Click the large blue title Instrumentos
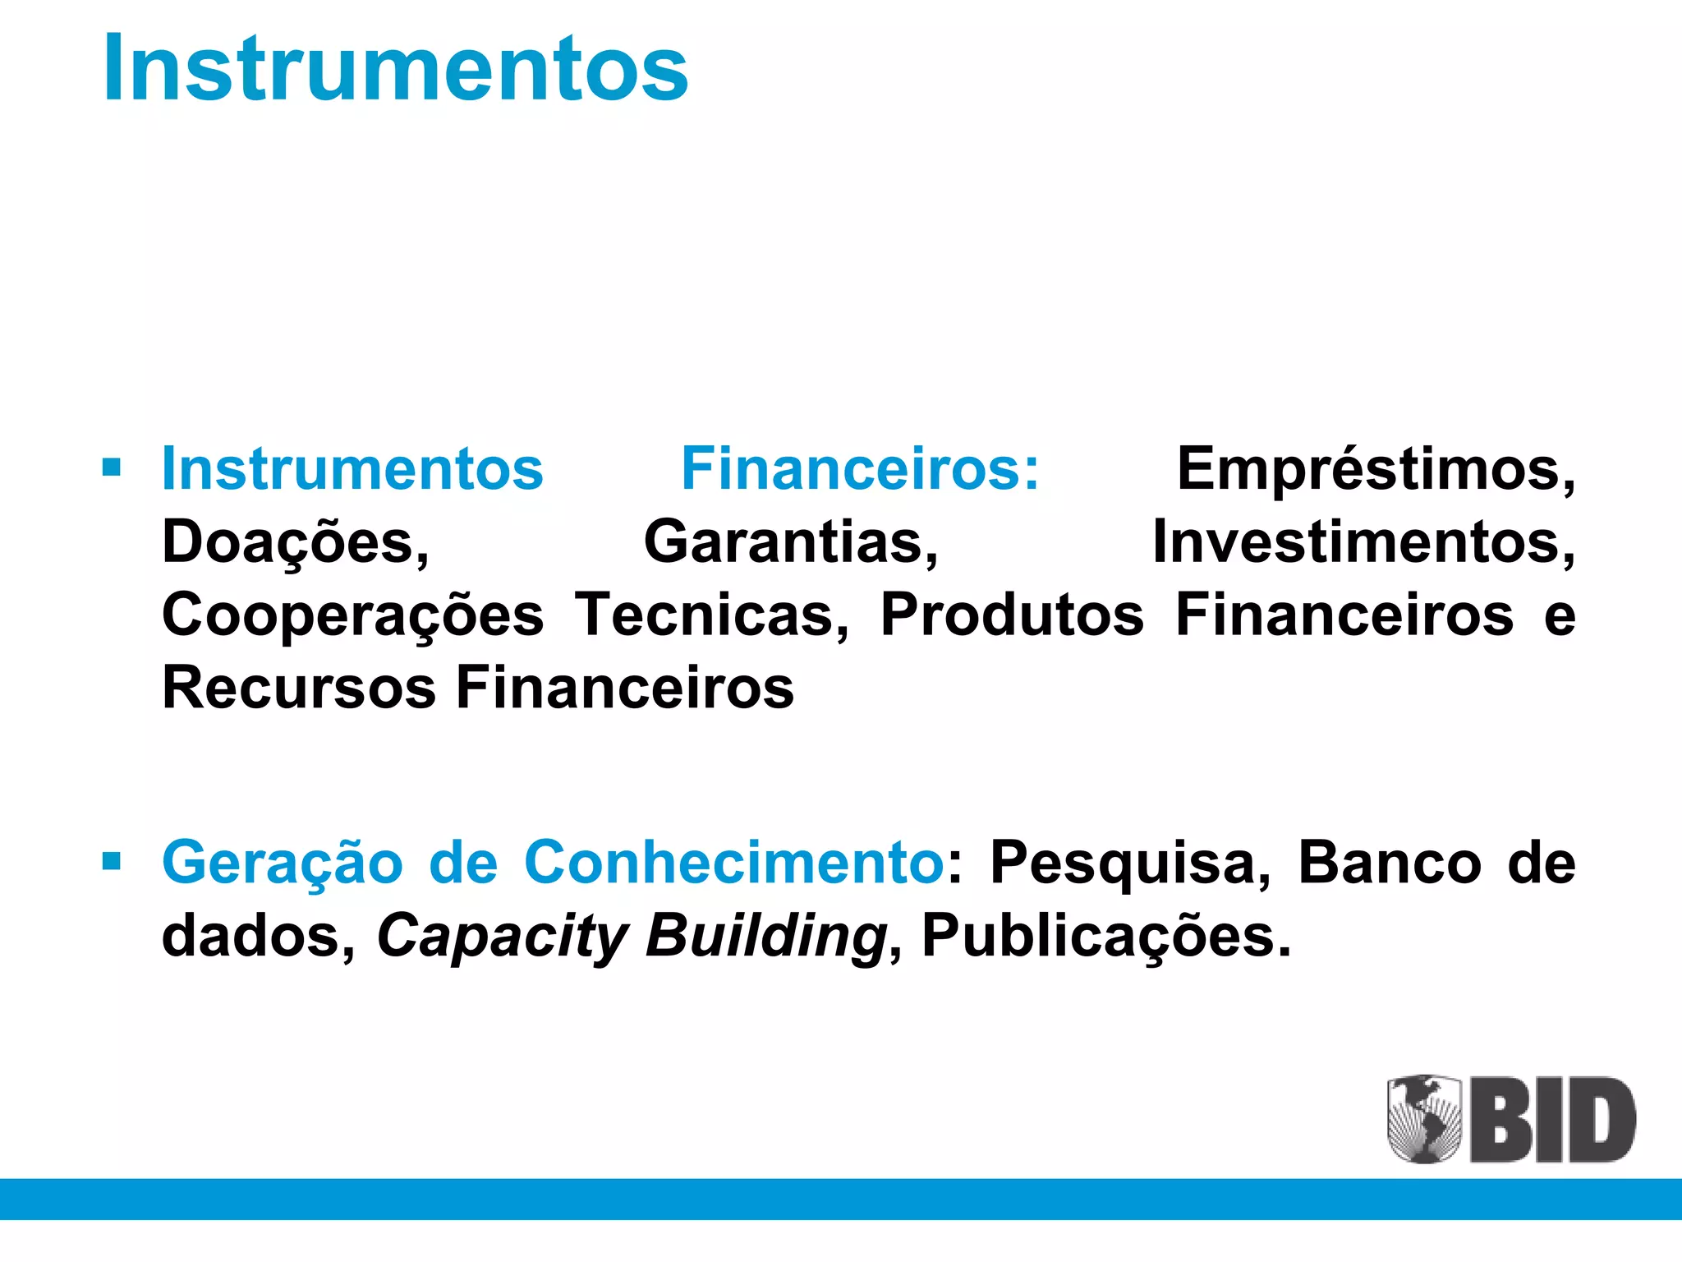396,67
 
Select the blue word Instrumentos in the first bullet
352,468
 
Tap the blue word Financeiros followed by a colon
860,468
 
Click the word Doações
296,542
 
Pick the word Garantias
791,542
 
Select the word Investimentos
1363,542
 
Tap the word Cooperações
353,616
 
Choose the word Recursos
299,688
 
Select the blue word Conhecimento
733,863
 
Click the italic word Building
765,937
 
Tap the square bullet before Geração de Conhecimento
112,861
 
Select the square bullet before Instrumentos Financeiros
112,468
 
